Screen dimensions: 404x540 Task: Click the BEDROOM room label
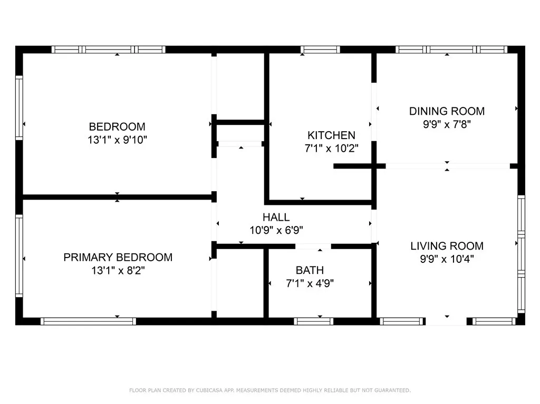pos(117,127)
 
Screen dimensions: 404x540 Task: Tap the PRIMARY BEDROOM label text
pos(118,258)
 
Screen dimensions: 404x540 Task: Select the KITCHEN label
pos(331,135)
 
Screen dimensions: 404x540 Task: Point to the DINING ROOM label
pos(447,111)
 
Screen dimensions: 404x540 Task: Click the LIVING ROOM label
pos(447,246)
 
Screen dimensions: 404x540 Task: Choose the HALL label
pos(276,217)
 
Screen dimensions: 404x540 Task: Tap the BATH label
pos(310,270)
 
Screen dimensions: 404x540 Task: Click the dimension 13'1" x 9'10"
pos(117,140)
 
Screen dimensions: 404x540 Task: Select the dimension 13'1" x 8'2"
pos(118,271)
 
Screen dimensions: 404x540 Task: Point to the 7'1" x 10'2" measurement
pos(331,149)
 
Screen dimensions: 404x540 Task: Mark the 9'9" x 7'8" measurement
pos(447,124)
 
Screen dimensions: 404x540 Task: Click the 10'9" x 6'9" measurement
pos(276,230)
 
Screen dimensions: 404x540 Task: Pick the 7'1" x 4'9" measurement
pos(310,283)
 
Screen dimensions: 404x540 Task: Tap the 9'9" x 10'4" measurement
pos(447,259)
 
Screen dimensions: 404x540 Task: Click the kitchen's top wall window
pos(320,50)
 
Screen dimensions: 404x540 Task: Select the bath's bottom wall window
pos(313,321)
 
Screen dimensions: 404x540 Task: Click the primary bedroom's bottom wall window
pos(89,321)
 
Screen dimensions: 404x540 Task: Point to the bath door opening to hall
pos(313,246)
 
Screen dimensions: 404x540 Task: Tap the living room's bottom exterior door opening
pos(446,321)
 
